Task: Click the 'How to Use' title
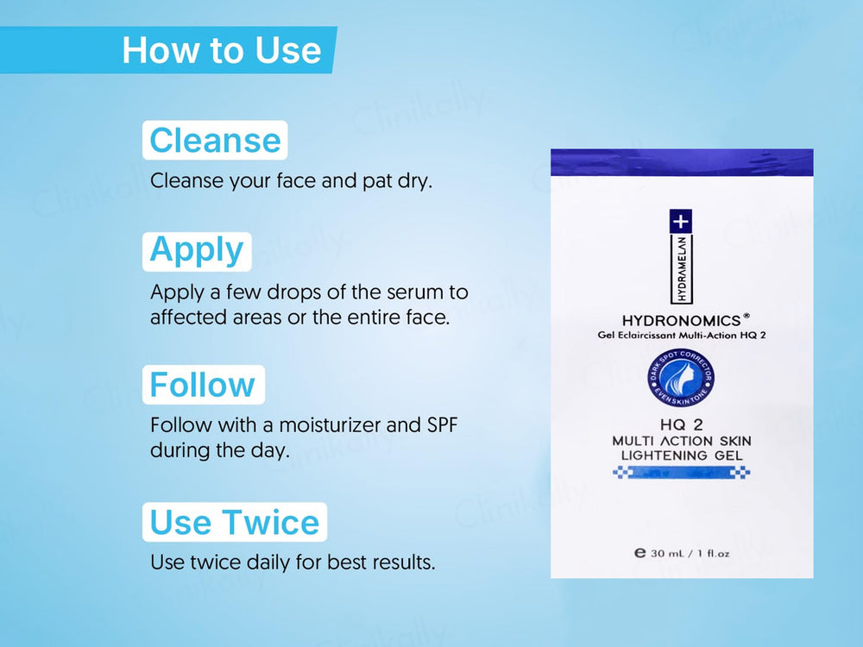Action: (x=221, y=50)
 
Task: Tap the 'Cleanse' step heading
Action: (x=215, y=140)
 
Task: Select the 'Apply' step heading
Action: (x=197, y=250)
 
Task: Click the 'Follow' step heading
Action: (x=203, y=385)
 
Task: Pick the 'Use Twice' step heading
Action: (x=234, y=522)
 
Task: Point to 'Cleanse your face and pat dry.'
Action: (x=290, y=182)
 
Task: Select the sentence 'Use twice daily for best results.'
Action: (x=293, y=562)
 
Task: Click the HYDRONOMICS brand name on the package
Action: (x=682, y=321)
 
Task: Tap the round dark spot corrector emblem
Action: (x=681, y=380)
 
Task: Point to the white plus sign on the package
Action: (x=681, y=221)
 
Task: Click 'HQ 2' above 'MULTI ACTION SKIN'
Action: (x=681, y=426)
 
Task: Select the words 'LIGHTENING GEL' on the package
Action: (x=681, y=455)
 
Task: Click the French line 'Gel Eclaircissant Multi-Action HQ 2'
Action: (x=681, y=336)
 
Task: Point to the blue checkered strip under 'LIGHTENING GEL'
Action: (x=681, y=472)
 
